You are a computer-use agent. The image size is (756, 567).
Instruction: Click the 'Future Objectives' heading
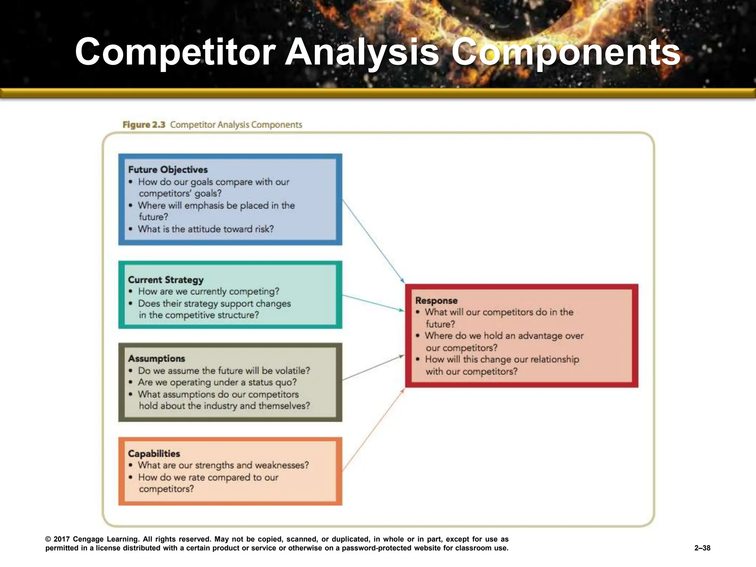coord(168,169)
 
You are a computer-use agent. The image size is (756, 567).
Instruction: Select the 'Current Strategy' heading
coord(165,279)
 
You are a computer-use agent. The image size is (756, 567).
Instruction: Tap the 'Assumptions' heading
coord(156,358)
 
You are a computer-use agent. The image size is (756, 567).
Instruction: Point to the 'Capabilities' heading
coord(154,453)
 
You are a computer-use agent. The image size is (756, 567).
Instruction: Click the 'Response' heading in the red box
coord(436,300)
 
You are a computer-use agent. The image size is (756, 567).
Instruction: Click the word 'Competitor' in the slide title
coord(175,52)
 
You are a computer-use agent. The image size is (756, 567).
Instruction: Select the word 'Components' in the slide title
coord(566,52)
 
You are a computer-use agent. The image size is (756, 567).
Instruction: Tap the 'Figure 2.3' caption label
coord(144,125)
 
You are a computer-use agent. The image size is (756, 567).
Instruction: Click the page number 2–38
coord(702,548)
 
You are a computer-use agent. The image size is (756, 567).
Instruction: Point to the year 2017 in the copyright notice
coord(62,539)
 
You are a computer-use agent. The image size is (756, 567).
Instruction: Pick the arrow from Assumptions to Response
coord(373,368)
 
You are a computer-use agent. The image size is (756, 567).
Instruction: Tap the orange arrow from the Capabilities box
coord(373,430)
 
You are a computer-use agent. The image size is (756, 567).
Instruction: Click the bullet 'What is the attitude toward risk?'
coord(206,229)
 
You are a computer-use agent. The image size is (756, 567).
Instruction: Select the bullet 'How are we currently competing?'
coord(209,291)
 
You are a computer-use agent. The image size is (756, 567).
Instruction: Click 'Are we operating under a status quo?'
coord(217,382)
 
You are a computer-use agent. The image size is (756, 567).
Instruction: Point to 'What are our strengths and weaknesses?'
coord(223,465)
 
